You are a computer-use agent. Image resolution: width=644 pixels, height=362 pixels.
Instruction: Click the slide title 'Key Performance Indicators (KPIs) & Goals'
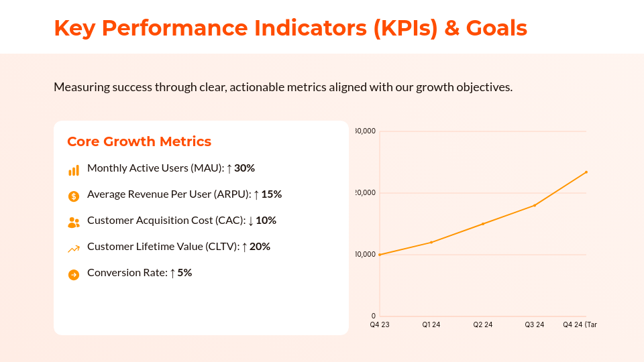(290, 28)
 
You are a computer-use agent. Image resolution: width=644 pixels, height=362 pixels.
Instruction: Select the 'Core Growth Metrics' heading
(139, 141)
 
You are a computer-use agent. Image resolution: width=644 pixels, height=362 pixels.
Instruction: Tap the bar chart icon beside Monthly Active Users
(74, 170)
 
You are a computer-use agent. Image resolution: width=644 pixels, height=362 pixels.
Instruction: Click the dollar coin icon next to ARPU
(74, 196)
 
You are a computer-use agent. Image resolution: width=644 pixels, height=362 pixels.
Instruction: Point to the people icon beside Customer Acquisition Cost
(74, 222)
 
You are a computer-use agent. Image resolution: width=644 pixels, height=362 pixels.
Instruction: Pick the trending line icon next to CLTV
(74, 249)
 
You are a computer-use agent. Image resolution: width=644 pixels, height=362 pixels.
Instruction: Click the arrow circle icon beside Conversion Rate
(74, 274)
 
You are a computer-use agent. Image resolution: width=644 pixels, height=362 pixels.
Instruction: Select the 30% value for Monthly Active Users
(244, 168)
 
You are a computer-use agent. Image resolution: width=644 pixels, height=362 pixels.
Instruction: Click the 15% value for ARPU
(271, 194)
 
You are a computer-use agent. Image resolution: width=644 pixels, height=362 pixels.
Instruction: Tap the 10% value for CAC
(266, 221)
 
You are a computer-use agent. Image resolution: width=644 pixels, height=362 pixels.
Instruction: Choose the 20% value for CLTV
(260, 247)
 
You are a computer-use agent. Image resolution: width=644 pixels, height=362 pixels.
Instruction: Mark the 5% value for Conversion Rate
(184, 273)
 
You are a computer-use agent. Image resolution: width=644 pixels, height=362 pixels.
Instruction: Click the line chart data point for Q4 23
(380, 255)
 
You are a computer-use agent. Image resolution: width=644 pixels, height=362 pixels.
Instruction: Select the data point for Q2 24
(483, 224)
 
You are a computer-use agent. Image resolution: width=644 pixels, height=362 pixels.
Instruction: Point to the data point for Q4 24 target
(586, 172)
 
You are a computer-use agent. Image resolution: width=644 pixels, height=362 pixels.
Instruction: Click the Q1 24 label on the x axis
(431, 325)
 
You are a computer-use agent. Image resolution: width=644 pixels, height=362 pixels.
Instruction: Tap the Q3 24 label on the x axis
(535, 325)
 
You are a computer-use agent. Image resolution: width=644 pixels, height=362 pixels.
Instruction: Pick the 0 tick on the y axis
(373, 316)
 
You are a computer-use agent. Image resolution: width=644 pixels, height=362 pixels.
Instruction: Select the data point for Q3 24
(535, 205)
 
